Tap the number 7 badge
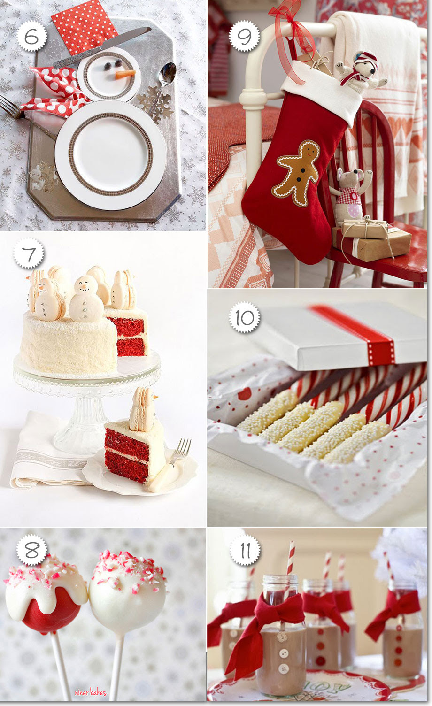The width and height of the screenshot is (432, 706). pyautogui.click(x=29, y=253)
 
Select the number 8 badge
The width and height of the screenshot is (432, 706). pyautogui.click(x=32, y=550)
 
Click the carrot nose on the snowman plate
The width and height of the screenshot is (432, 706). pyautogui.click(x=125, y=74)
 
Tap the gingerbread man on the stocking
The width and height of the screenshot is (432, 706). pyautogui.click(x=298, y=173)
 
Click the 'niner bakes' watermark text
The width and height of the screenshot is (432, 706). pyautogui.click(x=91, y=692)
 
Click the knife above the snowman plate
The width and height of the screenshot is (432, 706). pyautogui.click(x=102, y=47)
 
